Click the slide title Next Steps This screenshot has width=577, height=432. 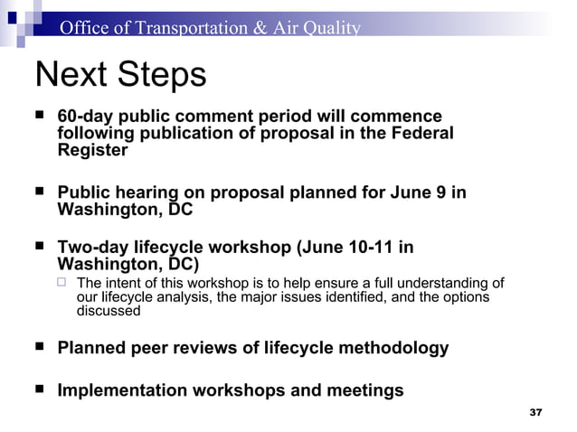(119, 75)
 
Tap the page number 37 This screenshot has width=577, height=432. (534, 412)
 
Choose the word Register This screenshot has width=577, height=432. (92, 151)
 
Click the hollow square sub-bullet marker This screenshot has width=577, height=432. (62, 284)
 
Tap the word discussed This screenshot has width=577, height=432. (109, 311)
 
